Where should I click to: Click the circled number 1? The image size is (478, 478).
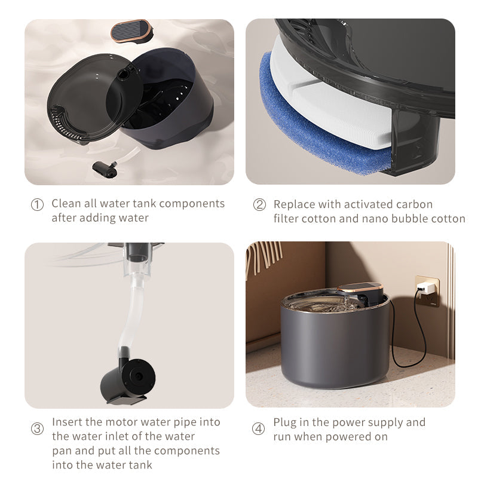(x=37, y=204)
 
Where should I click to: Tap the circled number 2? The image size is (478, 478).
(x=259, y=204)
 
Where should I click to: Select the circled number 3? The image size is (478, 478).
(x=37, y=428)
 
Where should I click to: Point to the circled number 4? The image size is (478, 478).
(x=258, y=428)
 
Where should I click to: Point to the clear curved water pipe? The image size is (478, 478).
(x=133, y=311)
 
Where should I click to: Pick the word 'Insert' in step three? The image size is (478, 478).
(x=67, y=422)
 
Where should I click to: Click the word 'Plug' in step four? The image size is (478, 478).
(x=285, y=422)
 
